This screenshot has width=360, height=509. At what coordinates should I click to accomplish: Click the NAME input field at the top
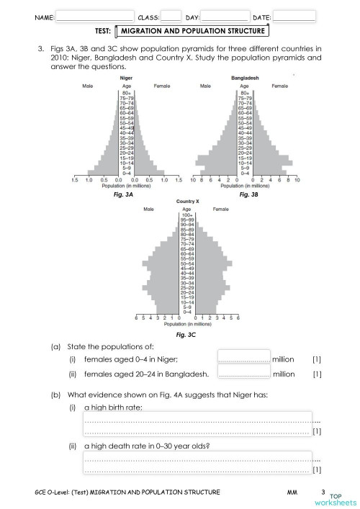pyautogui.click(x=95, y=16)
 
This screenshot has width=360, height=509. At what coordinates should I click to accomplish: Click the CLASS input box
pyautogui.click(x=171, y=16)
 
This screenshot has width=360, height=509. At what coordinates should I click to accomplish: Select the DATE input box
pyautogui.click(x=294, y=16)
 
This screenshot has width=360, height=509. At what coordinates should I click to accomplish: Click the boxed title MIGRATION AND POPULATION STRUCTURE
pyautogui.click(x=194, y=31)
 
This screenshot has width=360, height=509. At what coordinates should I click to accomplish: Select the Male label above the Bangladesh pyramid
pyautogui.click(x=206, y=85)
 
